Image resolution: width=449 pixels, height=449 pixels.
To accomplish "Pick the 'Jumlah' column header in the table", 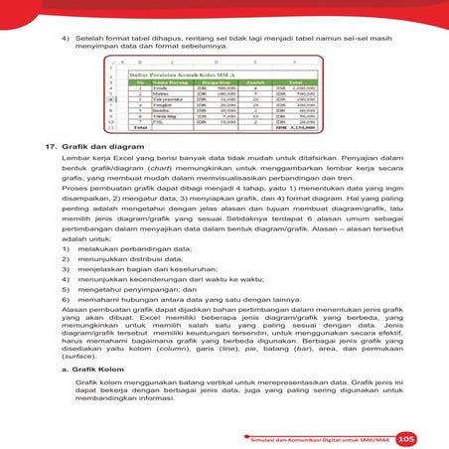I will coord(239,82).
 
